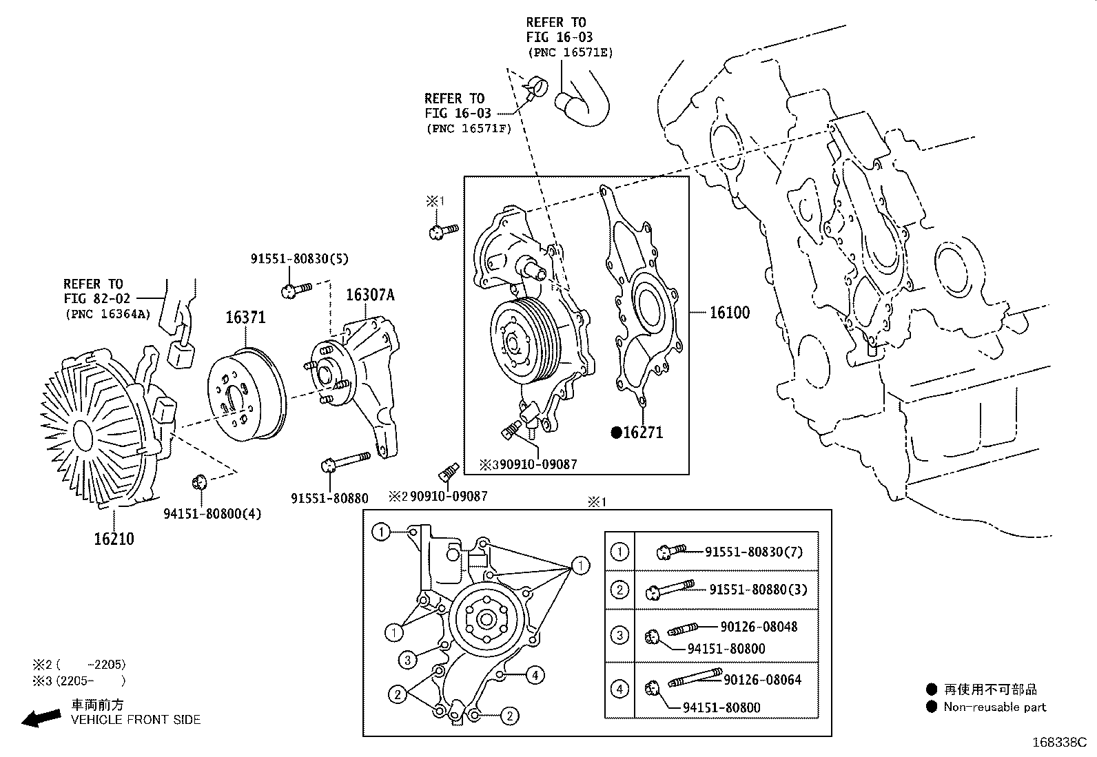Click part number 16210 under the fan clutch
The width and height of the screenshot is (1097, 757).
(114, 539)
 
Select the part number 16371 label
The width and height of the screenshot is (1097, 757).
(245, 318)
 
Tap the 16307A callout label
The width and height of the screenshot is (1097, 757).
(370, 295)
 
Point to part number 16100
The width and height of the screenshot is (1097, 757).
(730, 313)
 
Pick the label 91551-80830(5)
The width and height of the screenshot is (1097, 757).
(299, 259)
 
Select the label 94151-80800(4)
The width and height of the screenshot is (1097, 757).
(212, 514)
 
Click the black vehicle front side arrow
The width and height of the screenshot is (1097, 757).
(41, 718)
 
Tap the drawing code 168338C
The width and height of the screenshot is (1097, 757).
(1058, 743)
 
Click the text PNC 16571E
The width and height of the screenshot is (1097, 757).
(570, 52)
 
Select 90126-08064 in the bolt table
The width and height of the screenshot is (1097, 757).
(762, 680)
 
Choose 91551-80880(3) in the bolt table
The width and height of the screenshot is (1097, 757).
(758, 590)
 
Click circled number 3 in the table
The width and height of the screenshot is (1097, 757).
(619, 634)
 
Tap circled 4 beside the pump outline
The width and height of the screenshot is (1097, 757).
(535, 675)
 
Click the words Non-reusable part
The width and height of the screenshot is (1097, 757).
(994, 707)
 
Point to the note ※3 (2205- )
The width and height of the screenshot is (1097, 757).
(79, 681)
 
